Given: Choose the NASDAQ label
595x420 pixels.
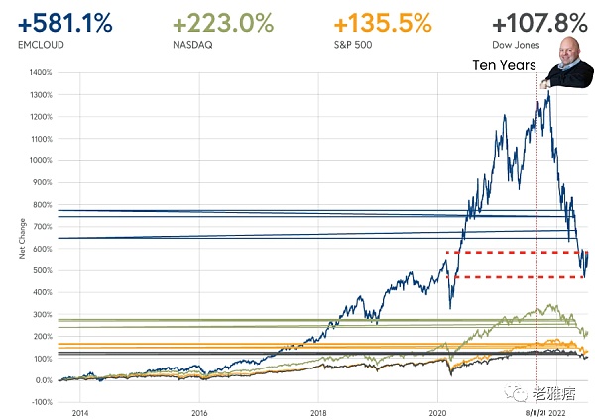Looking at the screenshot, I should (191, 45).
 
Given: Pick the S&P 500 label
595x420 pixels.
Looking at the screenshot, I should (354, 45).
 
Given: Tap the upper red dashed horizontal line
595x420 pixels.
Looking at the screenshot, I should (516, 253).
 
